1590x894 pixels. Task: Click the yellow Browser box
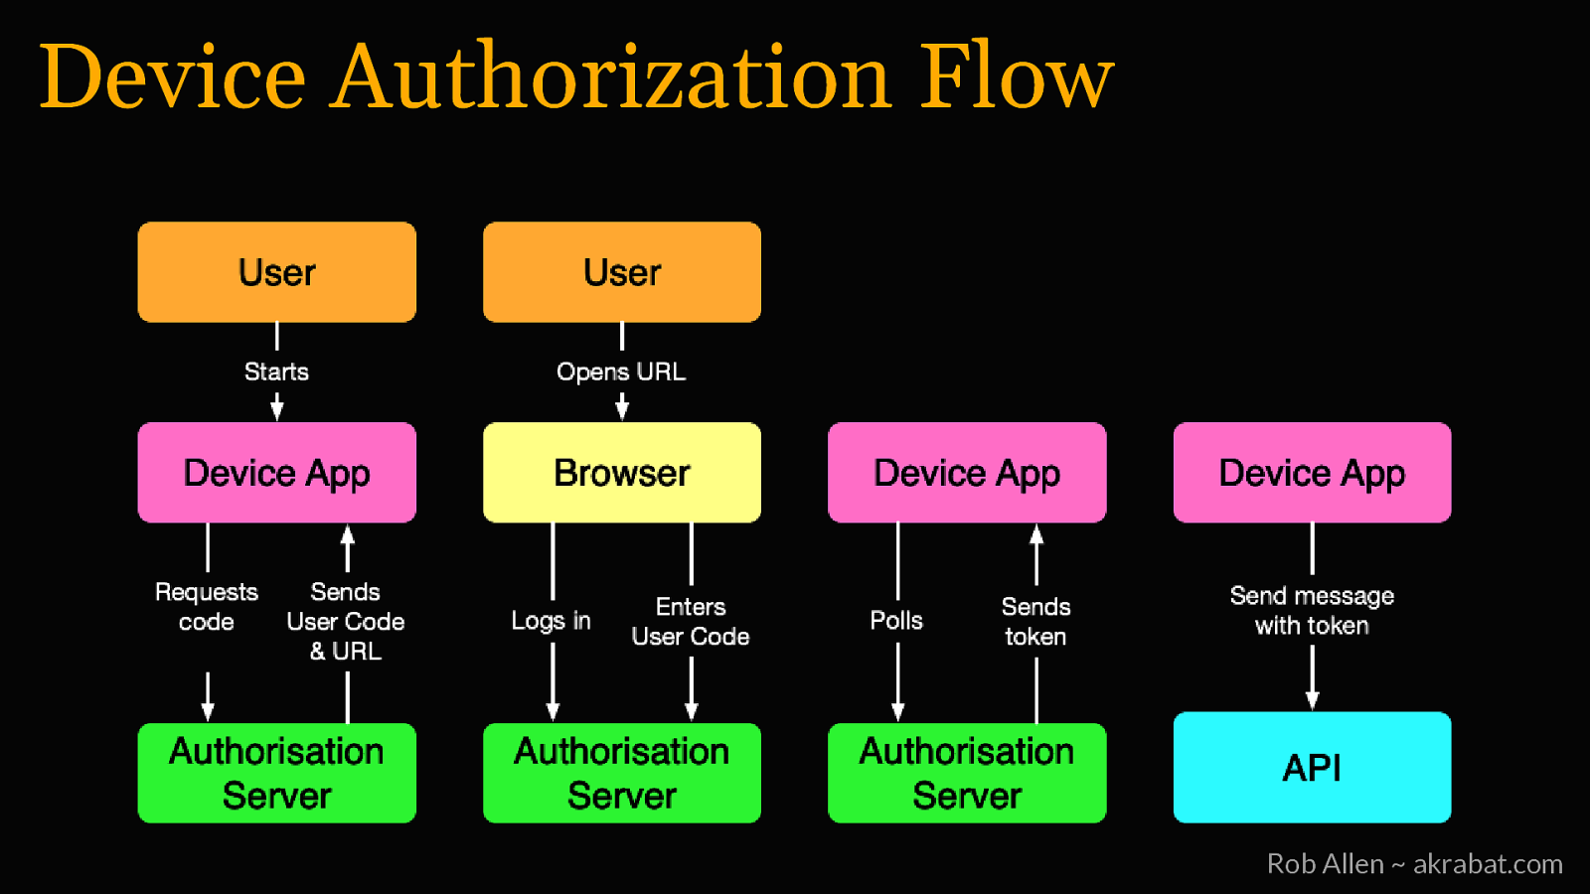point(621,473)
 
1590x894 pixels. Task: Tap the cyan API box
point(1312,767)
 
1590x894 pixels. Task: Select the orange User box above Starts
point(276,272)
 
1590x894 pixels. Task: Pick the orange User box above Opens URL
point(621,272)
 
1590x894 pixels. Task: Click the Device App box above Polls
point(966,473)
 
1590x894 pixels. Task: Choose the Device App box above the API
point(1312,473)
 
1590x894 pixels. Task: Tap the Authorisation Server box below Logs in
point(621,773)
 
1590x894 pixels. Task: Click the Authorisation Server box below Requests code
point(276,773)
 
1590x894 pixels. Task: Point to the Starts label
point(276,372)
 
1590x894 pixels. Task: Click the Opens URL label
point(621,372)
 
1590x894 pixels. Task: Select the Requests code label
point(207,607)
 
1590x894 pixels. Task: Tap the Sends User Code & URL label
point(345,622)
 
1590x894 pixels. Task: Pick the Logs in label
point(551,621)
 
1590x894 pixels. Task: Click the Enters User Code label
point(691,622)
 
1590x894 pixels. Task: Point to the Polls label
point(896,621)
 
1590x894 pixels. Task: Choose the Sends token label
point(1035,622)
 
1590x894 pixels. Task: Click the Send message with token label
point(1312,610)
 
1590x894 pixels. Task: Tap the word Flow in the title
point(1016,76)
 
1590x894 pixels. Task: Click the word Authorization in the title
point(611,76)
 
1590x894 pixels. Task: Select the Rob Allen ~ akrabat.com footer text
point(1414,863)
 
